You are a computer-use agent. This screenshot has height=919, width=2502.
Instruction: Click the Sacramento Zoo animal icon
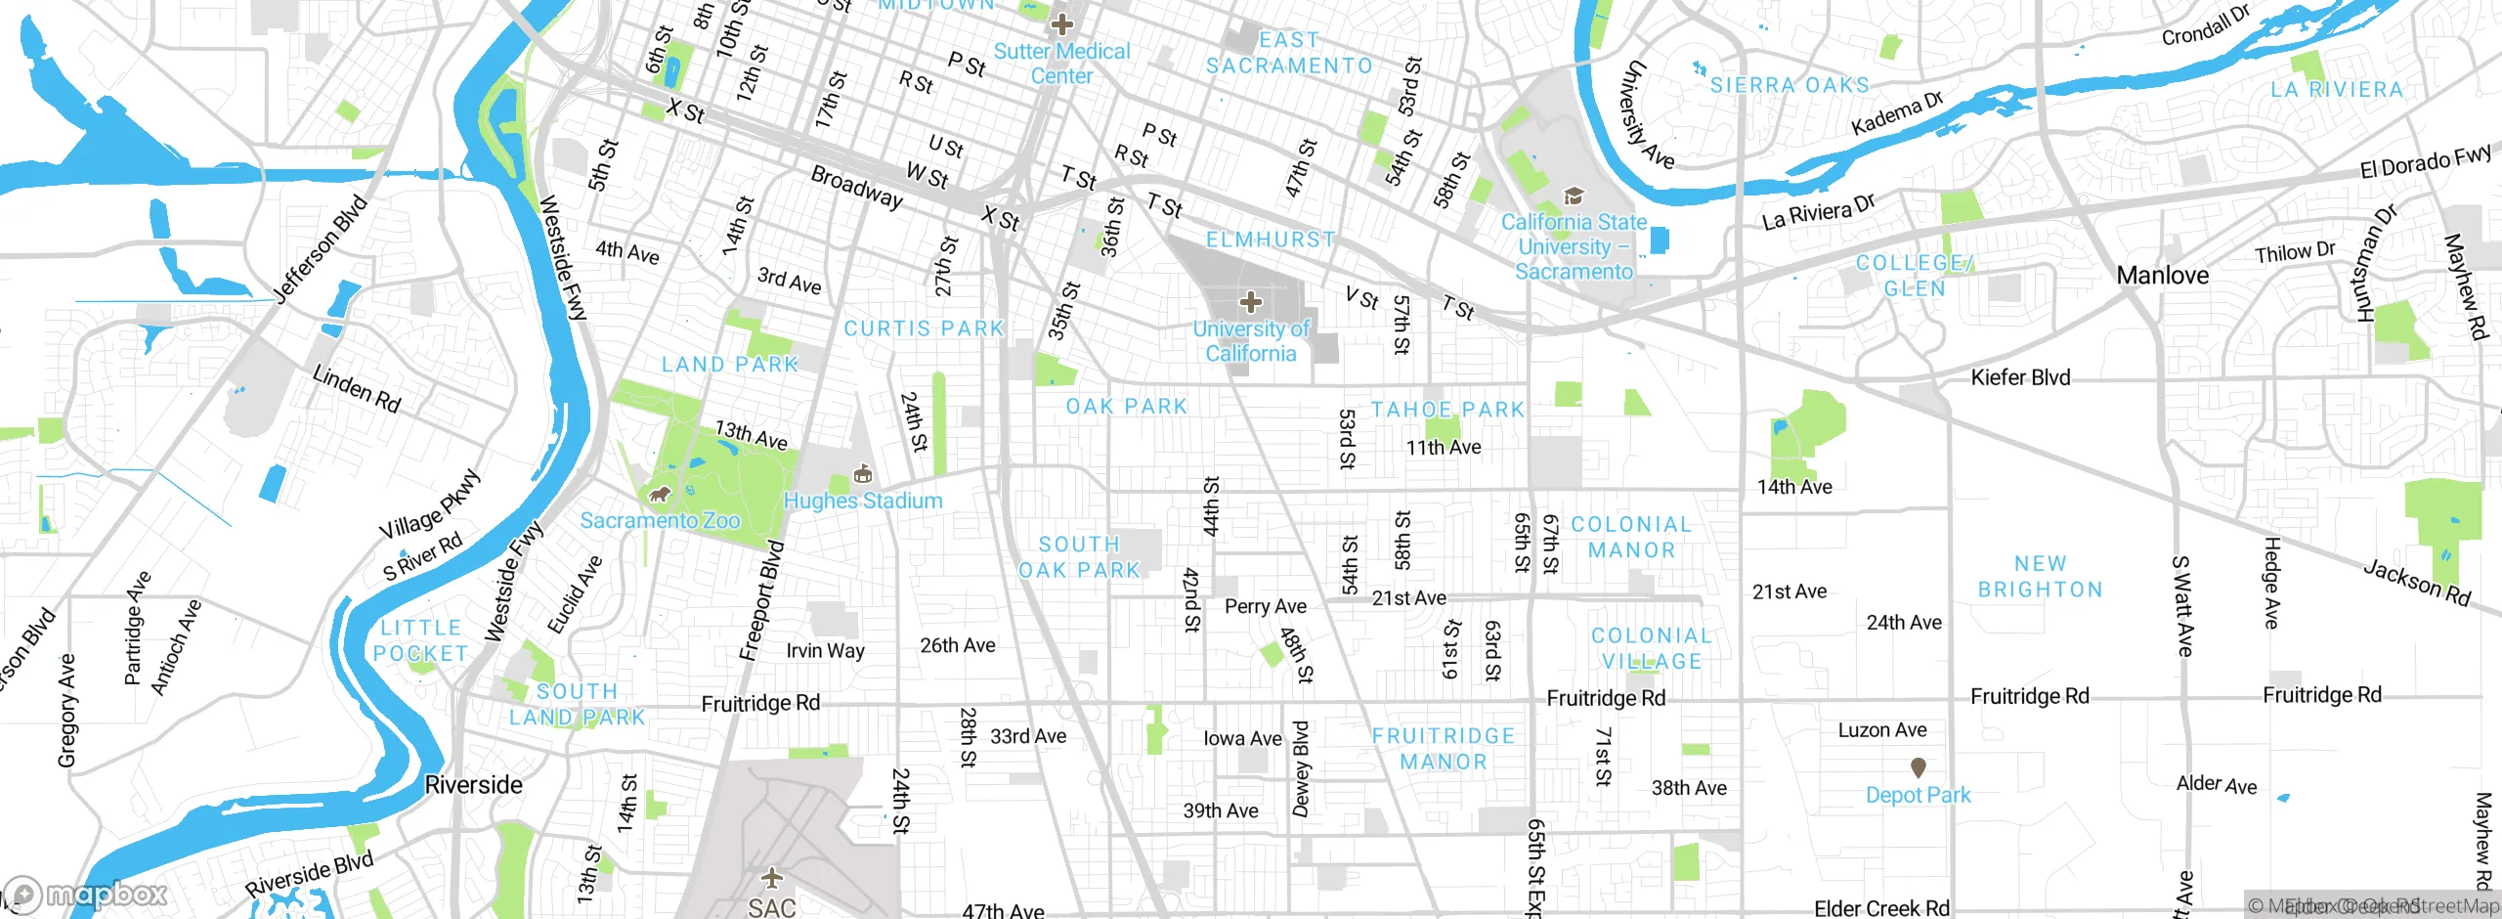pos(661,495)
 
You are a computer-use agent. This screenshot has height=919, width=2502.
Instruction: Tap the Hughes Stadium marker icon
pos(862,475)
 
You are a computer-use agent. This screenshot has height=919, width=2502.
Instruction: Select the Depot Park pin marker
pos(1918,768)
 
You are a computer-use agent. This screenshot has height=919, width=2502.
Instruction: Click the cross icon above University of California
pos(1251,302)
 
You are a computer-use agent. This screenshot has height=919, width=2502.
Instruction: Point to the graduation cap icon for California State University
pos(1574,197)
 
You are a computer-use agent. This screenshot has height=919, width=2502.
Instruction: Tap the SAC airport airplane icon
pos(772,876)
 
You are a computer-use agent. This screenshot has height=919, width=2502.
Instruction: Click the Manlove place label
pos(2162,276)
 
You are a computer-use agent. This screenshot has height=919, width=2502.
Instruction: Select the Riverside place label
pos(474,785)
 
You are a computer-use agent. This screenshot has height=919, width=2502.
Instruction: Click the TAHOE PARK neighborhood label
pos(1447,410)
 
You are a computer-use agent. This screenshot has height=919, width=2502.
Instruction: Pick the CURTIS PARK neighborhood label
pos(924,328)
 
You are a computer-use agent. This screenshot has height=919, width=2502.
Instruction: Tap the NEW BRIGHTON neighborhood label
pos(2041,577)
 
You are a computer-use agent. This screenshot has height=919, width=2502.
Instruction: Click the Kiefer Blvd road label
pos(2020,377)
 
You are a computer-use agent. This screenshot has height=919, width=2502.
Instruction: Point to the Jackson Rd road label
pos(2416,583)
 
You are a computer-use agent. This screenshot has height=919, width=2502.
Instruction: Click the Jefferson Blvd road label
pos(321,250)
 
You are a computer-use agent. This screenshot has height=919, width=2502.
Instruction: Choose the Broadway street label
pos(856,187)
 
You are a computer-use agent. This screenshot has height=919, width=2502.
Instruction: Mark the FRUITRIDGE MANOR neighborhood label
pos(1444,749)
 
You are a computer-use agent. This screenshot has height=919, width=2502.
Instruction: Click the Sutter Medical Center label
pos(1061,64)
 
